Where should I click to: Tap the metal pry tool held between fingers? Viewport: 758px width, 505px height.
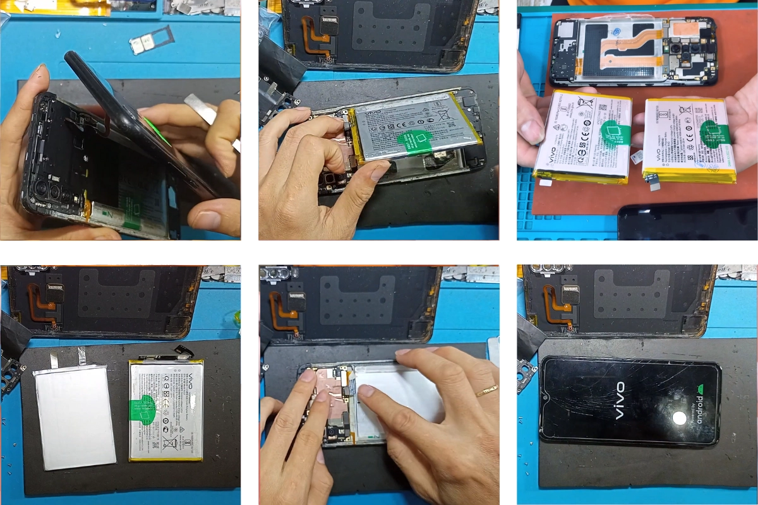202,107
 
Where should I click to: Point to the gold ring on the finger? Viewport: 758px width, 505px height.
486,391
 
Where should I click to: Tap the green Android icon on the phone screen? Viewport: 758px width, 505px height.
697,390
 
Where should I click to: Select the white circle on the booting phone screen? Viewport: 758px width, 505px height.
680,418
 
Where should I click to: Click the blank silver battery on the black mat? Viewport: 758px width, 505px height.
75,416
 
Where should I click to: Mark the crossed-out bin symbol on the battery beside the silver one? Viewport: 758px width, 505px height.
169,444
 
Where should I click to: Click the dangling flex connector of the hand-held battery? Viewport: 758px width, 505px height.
652,181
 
